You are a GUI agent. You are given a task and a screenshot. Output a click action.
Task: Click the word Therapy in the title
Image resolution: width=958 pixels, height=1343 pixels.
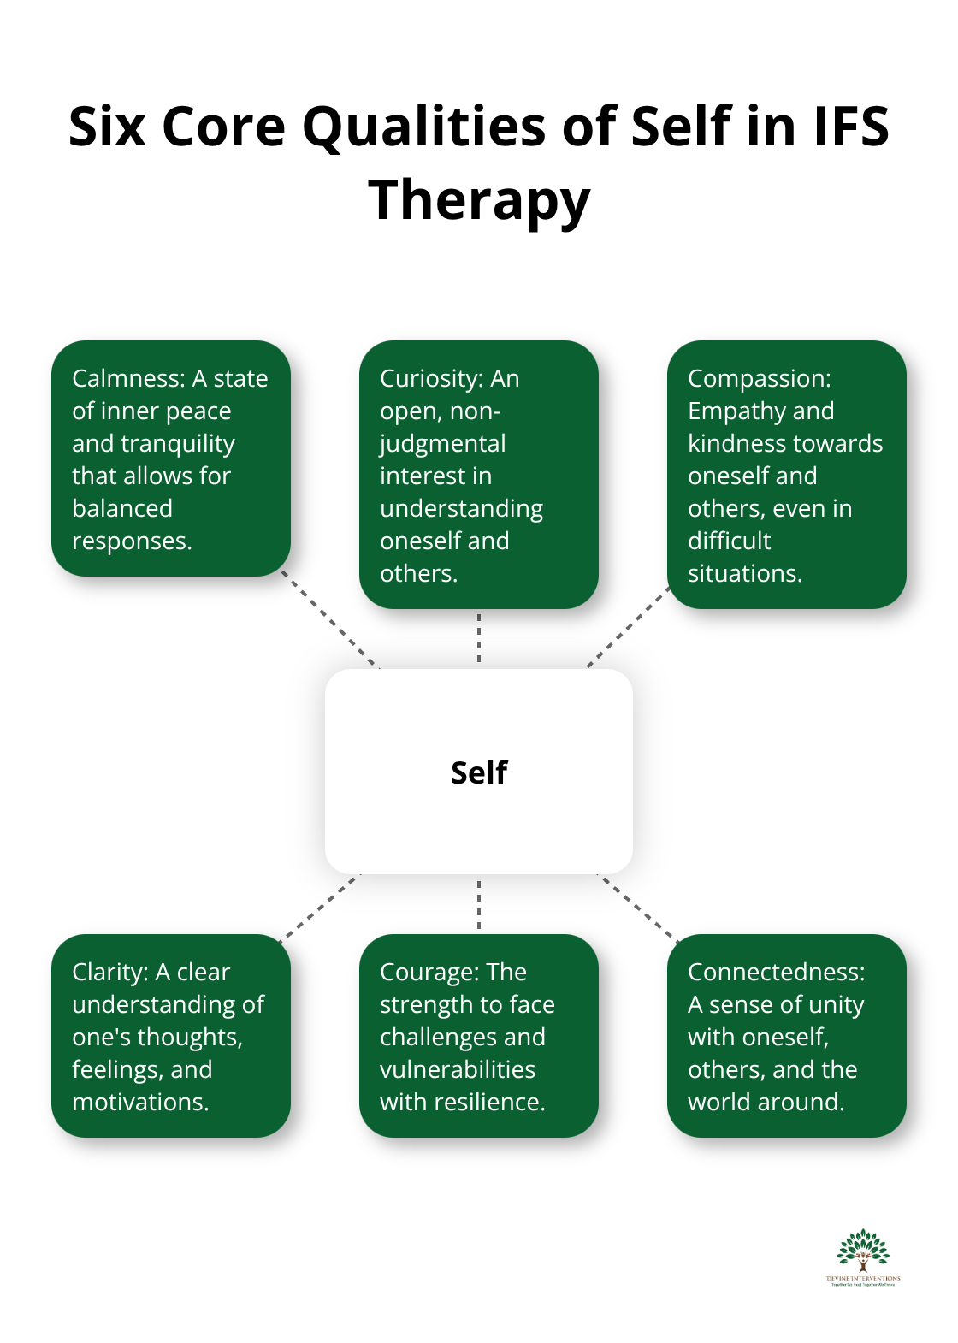pos(479,200)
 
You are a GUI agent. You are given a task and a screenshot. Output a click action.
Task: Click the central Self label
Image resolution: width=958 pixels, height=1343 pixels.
pos(479,772)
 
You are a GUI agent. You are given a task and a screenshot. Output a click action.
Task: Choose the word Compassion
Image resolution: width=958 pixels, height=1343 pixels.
pos(758,378)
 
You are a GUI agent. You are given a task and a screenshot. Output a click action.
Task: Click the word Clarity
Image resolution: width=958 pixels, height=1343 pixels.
pos(109,972)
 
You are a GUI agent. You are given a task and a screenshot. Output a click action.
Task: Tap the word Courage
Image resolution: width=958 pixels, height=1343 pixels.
pos(428,972)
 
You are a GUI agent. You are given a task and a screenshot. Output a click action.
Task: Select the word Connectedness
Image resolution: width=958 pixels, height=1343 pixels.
pos(775,972)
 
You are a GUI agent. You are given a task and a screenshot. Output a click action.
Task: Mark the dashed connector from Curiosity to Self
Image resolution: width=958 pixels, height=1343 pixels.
pos(479,638)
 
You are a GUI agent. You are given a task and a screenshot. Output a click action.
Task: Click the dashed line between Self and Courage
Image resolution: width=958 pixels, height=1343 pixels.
pos(479,904)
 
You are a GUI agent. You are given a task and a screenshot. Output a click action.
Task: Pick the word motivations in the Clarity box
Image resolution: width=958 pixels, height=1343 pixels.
pos(139,1102)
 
